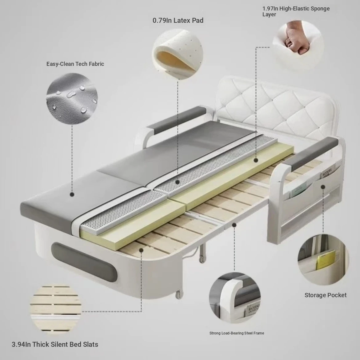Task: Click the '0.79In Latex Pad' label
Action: [x=178, y=20]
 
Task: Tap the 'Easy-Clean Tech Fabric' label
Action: [x=75, y=64]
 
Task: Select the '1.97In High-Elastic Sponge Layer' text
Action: [x=296, y=11]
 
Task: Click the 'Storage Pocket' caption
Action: [x=325, y=295]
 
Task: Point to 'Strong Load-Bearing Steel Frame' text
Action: [x=237, y=333]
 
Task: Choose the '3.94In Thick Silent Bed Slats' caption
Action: [x=55, y=344]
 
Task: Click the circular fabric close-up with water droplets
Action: [x=72, y=98]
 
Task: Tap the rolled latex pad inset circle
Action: [x=178, y=54]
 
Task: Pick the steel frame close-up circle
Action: [x=235, y=298]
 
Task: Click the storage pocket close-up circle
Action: [x=323, y=259]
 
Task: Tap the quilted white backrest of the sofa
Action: [x=275, y=108]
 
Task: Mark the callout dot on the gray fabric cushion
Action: [x=72, y=194]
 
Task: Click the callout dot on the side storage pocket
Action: [x=323, y=187]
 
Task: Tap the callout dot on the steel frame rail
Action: [x=234, y=225]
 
